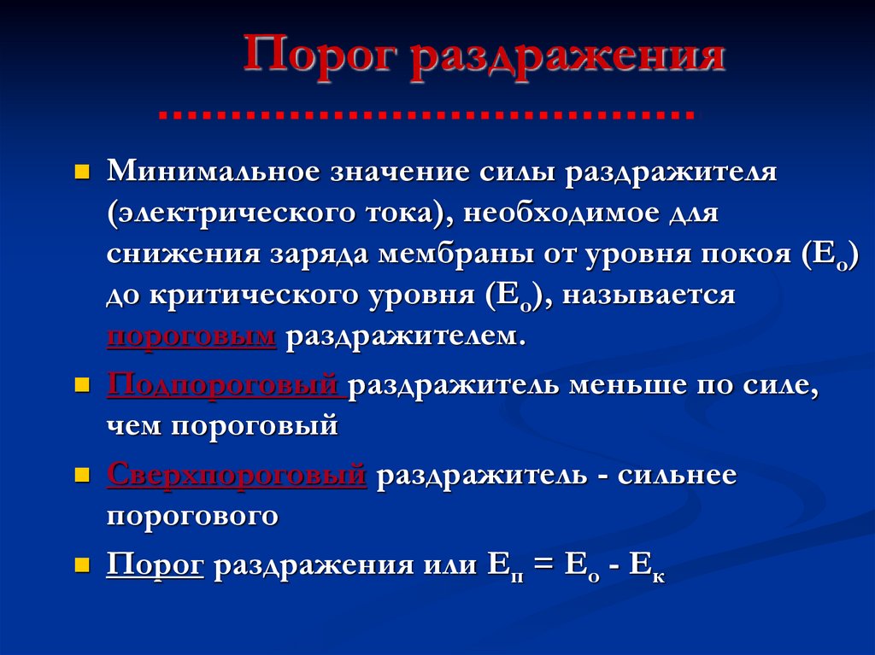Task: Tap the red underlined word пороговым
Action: tap(191, 336)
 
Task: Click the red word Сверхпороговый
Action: tap(237, 475)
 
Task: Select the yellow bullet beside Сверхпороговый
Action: tap(83, 474)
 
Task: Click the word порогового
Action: tap(193, 516)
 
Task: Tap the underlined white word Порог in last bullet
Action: tap(155, 566)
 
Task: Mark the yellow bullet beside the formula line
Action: tap(83, 564)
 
